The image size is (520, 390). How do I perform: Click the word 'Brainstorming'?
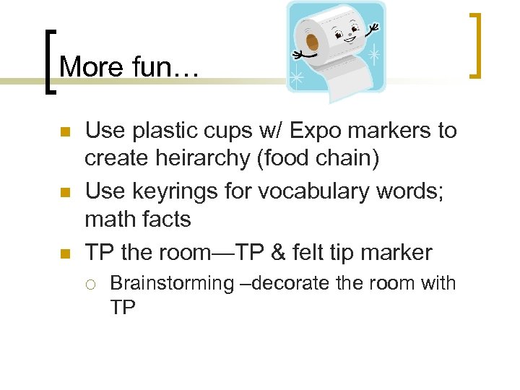pos(172,283)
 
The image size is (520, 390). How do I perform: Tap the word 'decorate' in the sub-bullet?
pos(291,283)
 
